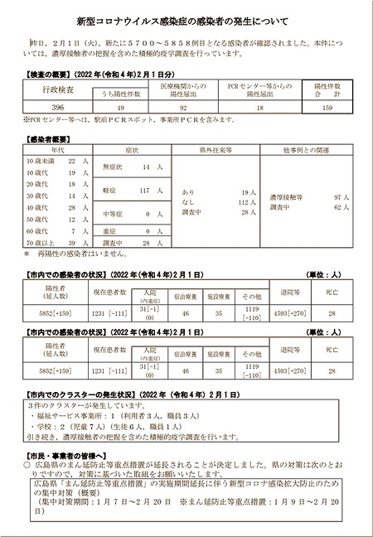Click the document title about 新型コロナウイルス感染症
click(186, 20)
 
